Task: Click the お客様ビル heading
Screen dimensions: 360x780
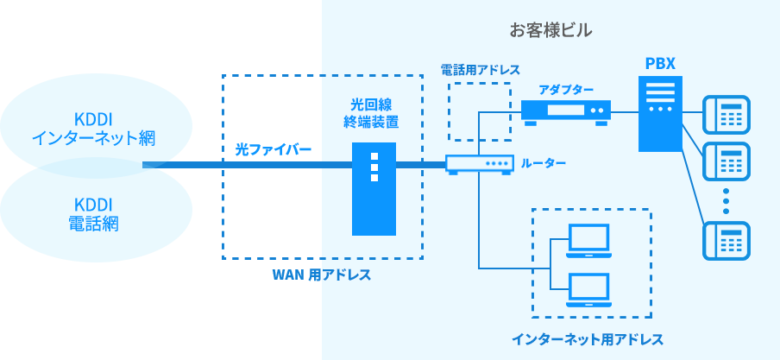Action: pos(550,31)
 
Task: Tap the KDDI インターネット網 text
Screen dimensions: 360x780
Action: pos(97,127)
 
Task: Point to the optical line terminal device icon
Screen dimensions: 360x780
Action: pos(374,189)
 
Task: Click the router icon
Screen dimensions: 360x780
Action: pos(477,164)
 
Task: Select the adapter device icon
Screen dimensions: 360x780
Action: pos(565,111)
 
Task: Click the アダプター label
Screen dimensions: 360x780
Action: pos(566,90)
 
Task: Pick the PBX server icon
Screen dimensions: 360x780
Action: pos(660,112)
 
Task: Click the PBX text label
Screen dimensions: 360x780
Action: pos(660,64)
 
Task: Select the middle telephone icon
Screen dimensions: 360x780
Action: pos(727,159)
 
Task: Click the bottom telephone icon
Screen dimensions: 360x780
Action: pos(727,239)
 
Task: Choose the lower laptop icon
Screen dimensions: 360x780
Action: pos(588,291)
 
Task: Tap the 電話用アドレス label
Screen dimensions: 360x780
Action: pos(480,69)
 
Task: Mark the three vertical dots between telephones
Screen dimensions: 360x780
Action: pos(727,199)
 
